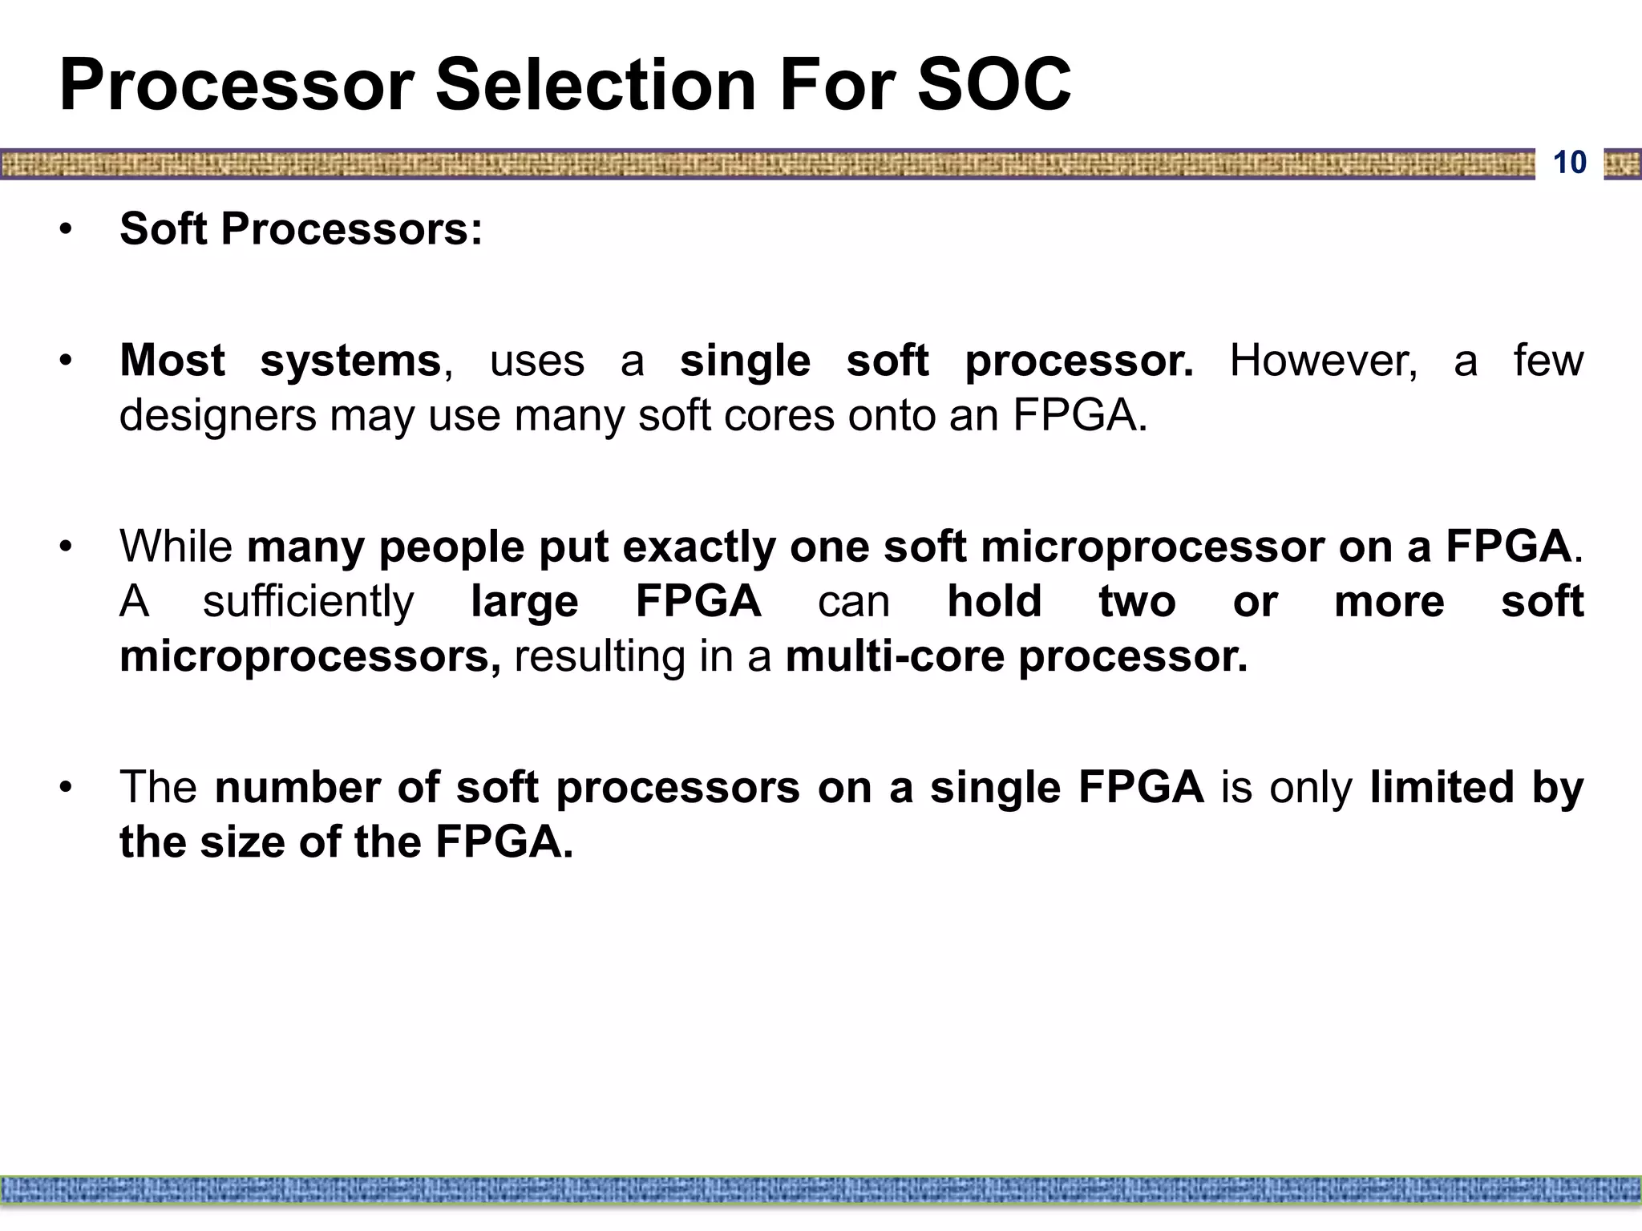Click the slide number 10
tap(1569, 163)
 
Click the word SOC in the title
tap(993, 85)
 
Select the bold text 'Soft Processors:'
tap(301, 229)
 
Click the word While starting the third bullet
tap(176, 547)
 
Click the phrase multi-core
tap(895, 656)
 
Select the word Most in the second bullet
tap(172, 361)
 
